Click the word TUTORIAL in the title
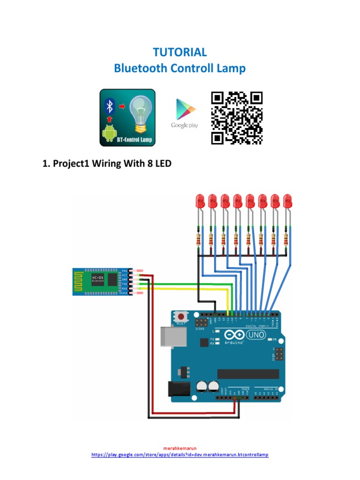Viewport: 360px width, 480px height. coord(180,52)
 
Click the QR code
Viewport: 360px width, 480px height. coord(237,118)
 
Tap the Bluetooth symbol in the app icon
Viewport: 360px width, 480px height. coord(109,106)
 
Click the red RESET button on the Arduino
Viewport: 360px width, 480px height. coord(180,316)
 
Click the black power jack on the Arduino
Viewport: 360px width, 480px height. coord(179,388)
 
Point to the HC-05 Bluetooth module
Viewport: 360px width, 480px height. coord(101,282)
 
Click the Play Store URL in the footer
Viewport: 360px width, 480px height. coord(180,455)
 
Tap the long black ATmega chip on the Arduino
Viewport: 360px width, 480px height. coord(248,374)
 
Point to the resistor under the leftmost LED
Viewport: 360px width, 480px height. coord(199,240)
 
